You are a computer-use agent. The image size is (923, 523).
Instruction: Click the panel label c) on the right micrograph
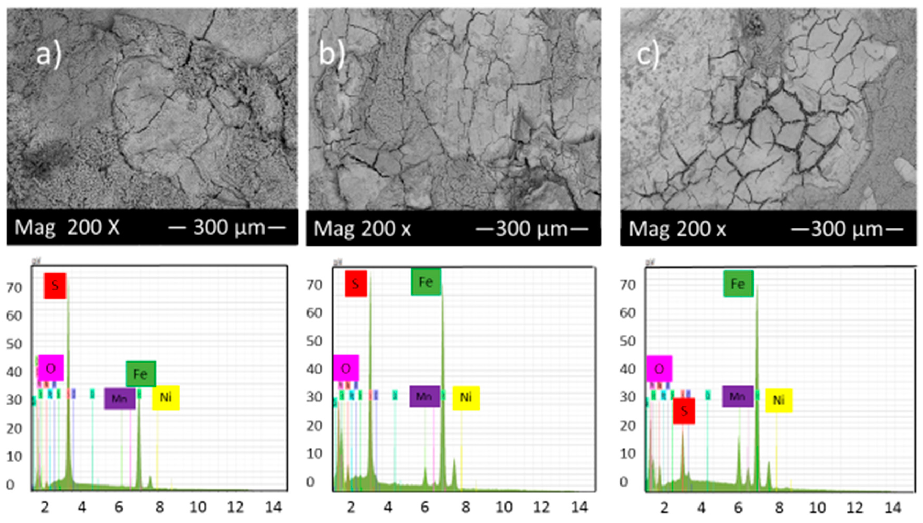pyautogui.click(x=648, y=56)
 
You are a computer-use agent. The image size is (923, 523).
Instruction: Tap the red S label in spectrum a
pyautogui.click(x=55, y=286)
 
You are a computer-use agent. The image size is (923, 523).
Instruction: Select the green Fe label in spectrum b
pyautogui.click(x=426, y=282)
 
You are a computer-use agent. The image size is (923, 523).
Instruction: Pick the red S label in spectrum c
pyautogui.click(x=684, y=411)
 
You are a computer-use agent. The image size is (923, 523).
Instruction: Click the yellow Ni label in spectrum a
pyautogui.click(x=166, y=398)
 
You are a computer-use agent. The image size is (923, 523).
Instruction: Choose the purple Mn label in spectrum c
pyautogui.click(x=737, y=396)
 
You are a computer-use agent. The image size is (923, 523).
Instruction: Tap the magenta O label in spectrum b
pyautogui.click(x=346, y=368)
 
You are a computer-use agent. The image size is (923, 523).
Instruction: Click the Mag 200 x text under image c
pyautogui.click(x=677, y=229)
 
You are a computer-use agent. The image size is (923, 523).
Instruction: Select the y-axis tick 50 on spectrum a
pyautogui.click(x=14, y=344)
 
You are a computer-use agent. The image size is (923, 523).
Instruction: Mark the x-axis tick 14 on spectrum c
pyautogui.click(x=892, y=508)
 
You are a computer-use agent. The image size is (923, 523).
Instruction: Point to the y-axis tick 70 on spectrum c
pyautogui.click(x=628, y=285)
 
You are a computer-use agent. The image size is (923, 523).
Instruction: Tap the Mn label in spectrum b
pyautogui.click(x=424, y=396)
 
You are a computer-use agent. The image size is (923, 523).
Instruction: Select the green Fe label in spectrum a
pyautogui.click(x=140, y=374)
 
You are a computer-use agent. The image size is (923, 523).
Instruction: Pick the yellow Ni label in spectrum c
pyautogui.click(x=778, y=400)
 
